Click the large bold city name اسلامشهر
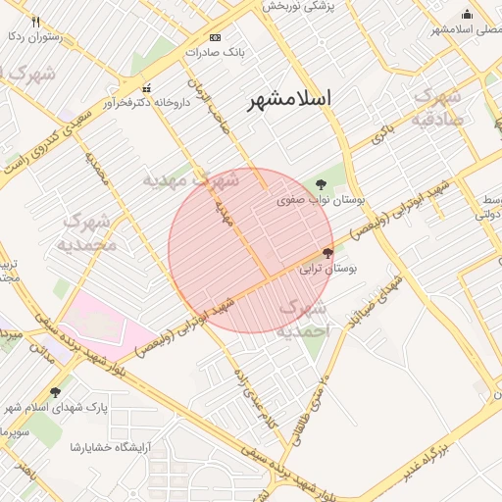(289, 99)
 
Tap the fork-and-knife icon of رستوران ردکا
(36, 22)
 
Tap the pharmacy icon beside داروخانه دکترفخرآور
(146, 88)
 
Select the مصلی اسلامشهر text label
(466, 29)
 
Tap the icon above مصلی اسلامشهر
(467, 14)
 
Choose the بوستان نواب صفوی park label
(321, 199)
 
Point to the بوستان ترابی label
(327, 267)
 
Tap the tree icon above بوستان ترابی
(327, 253)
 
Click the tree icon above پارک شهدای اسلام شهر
(55, 392)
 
